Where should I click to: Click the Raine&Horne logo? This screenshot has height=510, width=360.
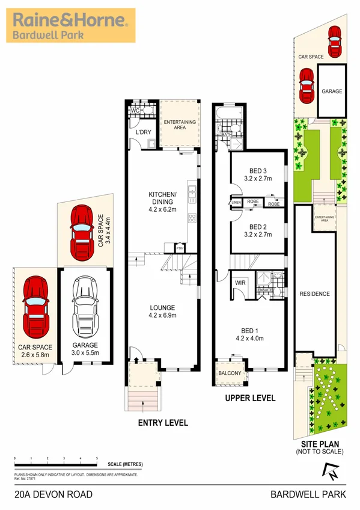coord(70,26)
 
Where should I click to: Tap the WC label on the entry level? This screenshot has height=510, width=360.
coord(135,110)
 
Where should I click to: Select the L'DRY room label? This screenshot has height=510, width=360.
coord(142,131)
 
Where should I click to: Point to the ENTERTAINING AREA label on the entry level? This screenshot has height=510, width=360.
coord(180,125)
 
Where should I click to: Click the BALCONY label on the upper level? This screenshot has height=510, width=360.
coord(230,373)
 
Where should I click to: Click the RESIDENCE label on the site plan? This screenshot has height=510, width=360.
coord(315,293)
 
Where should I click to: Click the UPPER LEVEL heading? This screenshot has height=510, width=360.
coord(250,398)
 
